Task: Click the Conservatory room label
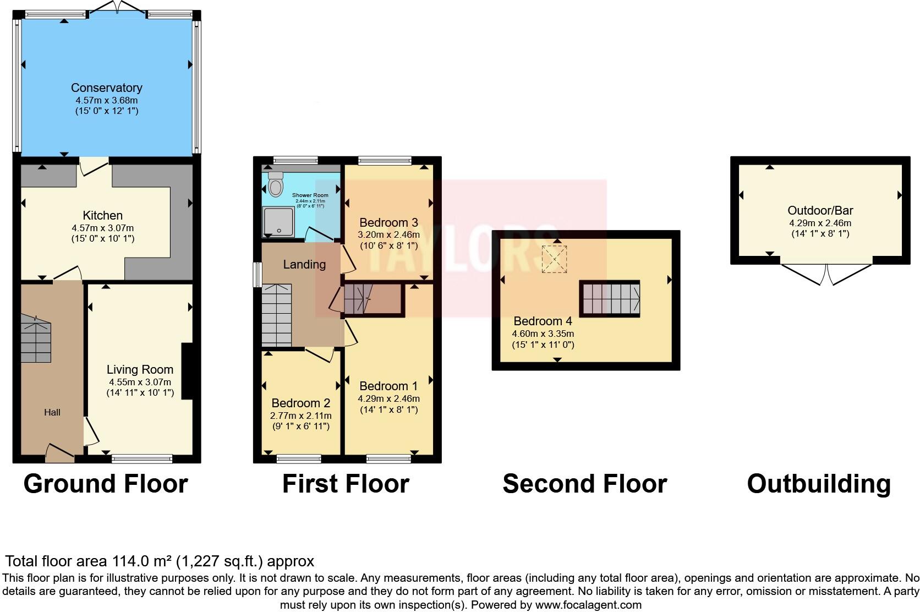106,88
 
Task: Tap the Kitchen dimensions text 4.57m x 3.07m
102,227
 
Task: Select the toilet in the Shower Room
276,184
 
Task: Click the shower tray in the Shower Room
278,221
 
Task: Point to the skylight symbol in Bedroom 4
555,259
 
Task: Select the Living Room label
140,369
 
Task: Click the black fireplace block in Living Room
187,371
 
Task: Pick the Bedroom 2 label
300,403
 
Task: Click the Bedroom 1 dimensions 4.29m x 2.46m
388,398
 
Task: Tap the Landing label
304,264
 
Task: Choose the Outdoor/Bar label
820,210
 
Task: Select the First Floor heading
346,484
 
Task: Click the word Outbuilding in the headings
818,484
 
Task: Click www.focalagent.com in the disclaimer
588,605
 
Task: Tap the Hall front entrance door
59,453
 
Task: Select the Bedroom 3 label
388,222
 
